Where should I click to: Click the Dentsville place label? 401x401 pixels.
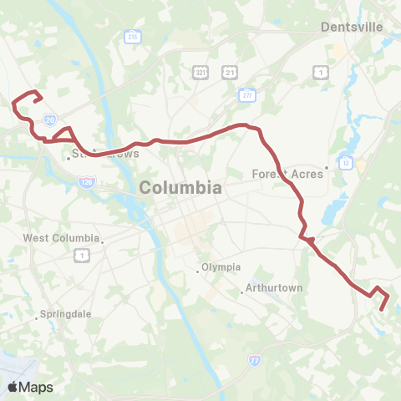tap(352, 27)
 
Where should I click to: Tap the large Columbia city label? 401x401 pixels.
tap(181, 188)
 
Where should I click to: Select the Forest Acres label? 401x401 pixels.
tap(287, 175)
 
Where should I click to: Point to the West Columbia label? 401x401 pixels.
tap(61, 238)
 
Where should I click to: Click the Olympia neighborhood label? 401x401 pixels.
tap(221, 267)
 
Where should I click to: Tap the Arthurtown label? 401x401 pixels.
tap(272, 289)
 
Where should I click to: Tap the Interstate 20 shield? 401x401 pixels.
tap(50, 119)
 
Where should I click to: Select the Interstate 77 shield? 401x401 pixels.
tap(254, 360)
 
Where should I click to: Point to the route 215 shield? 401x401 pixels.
tap(132, 37)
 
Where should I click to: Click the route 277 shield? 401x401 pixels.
tap(247, 96)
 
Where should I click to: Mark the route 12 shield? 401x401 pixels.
tap(344, 161)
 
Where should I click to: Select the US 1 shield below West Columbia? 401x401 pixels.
tap(82, 255)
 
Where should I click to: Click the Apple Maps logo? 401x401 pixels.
tap(30, 387)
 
